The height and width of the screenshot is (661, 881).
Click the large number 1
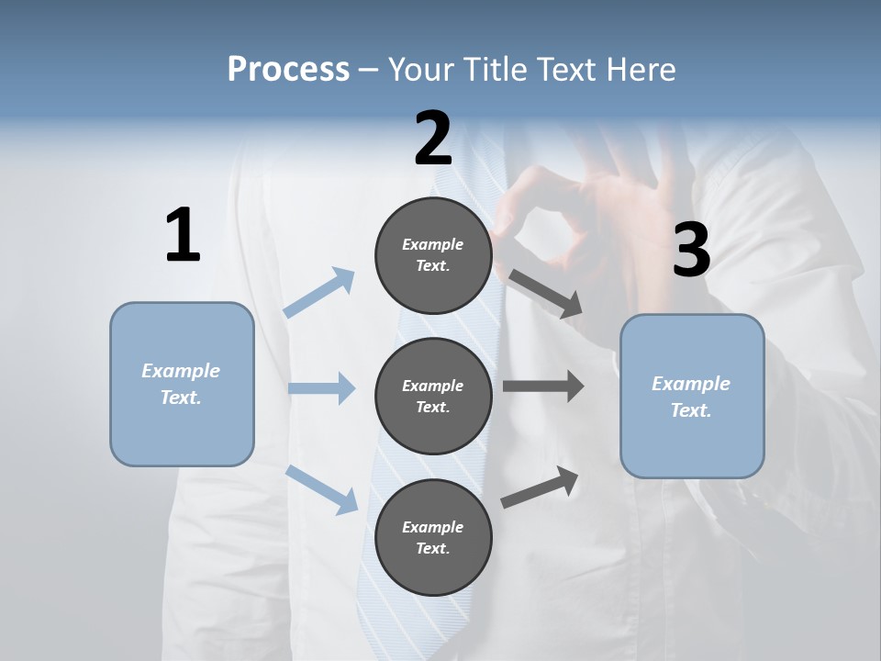[183, 236]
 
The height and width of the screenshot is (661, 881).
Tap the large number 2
[433, 138]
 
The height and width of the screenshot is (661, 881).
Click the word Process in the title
[288, 69]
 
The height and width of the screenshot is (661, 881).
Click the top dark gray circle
[433, 255]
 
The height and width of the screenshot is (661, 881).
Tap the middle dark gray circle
[433, 396]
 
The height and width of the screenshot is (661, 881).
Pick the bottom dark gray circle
[433, 537]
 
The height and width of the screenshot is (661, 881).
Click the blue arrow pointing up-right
[319, 292]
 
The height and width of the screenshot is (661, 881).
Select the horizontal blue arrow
[321, 388]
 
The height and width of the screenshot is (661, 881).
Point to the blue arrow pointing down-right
[322, 488]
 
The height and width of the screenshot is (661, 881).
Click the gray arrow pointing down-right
[545, 294]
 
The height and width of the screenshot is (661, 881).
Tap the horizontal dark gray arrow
[542, 387]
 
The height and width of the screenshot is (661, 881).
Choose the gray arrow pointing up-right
[540, 487]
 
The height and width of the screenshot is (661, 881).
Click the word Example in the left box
[181, 371]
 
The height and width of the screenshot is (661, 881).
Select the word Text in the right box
[690, 410]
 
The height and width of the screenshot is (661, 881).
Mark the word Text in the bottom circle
[432, 548]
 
